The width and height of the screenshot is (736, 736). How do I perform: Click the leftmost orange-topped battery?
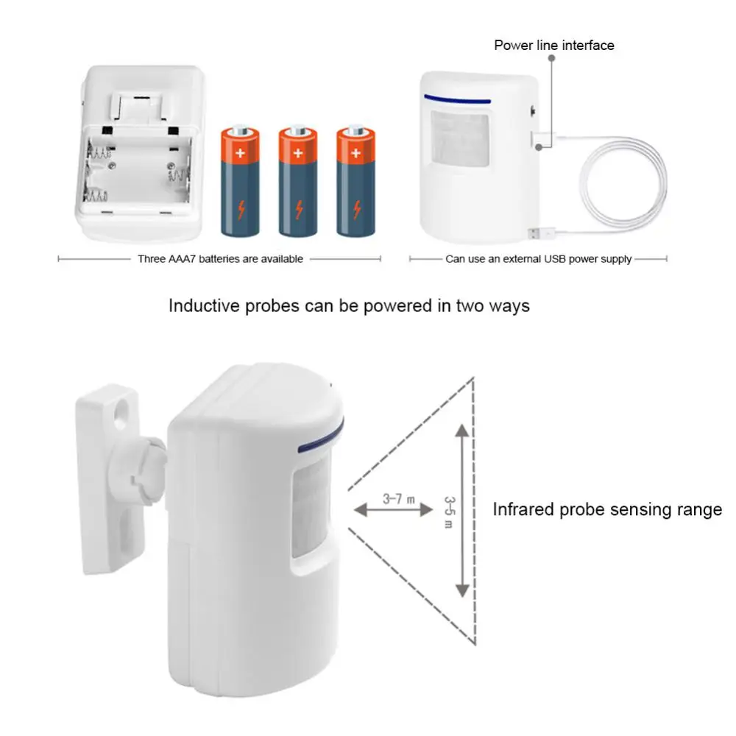click(240, 182)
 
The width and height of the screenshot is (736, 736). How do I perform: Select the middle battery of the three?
click(297, 182)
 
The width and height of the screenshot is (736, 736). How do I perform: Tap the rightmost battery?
click(355, 182)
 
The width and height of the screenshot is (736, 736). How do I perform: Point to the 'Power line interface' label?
click(553, 46)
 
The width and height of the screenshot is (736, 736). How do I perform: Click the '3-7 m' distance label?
click(398, 498)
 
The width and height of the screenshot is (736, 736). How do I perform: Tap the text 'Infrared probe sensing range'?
click(607, 509)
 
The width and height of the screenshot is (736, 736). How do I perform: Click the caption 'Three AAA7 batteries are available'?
click(220, 259)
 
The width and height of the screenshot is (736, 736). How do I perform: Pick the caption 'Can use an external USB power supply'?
click(538, 259)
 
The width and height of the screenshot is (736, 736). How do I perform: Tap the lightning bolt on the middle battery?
click(297, 210)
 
